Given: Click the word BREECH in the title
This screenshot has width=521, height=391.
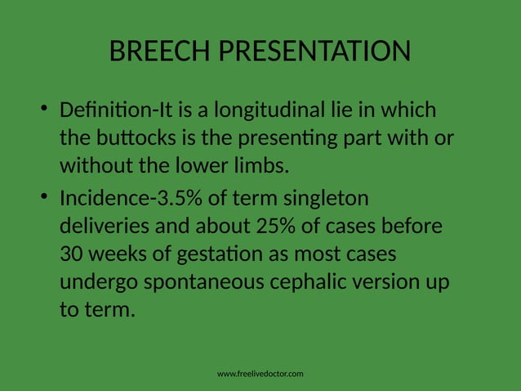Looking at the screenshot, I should (158, 53).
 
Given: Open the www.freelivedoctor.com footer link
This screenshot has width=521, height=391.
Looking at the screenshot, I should (260, 374).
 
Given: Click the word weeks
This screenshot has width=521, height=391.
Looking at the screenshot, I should (121, 254).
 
